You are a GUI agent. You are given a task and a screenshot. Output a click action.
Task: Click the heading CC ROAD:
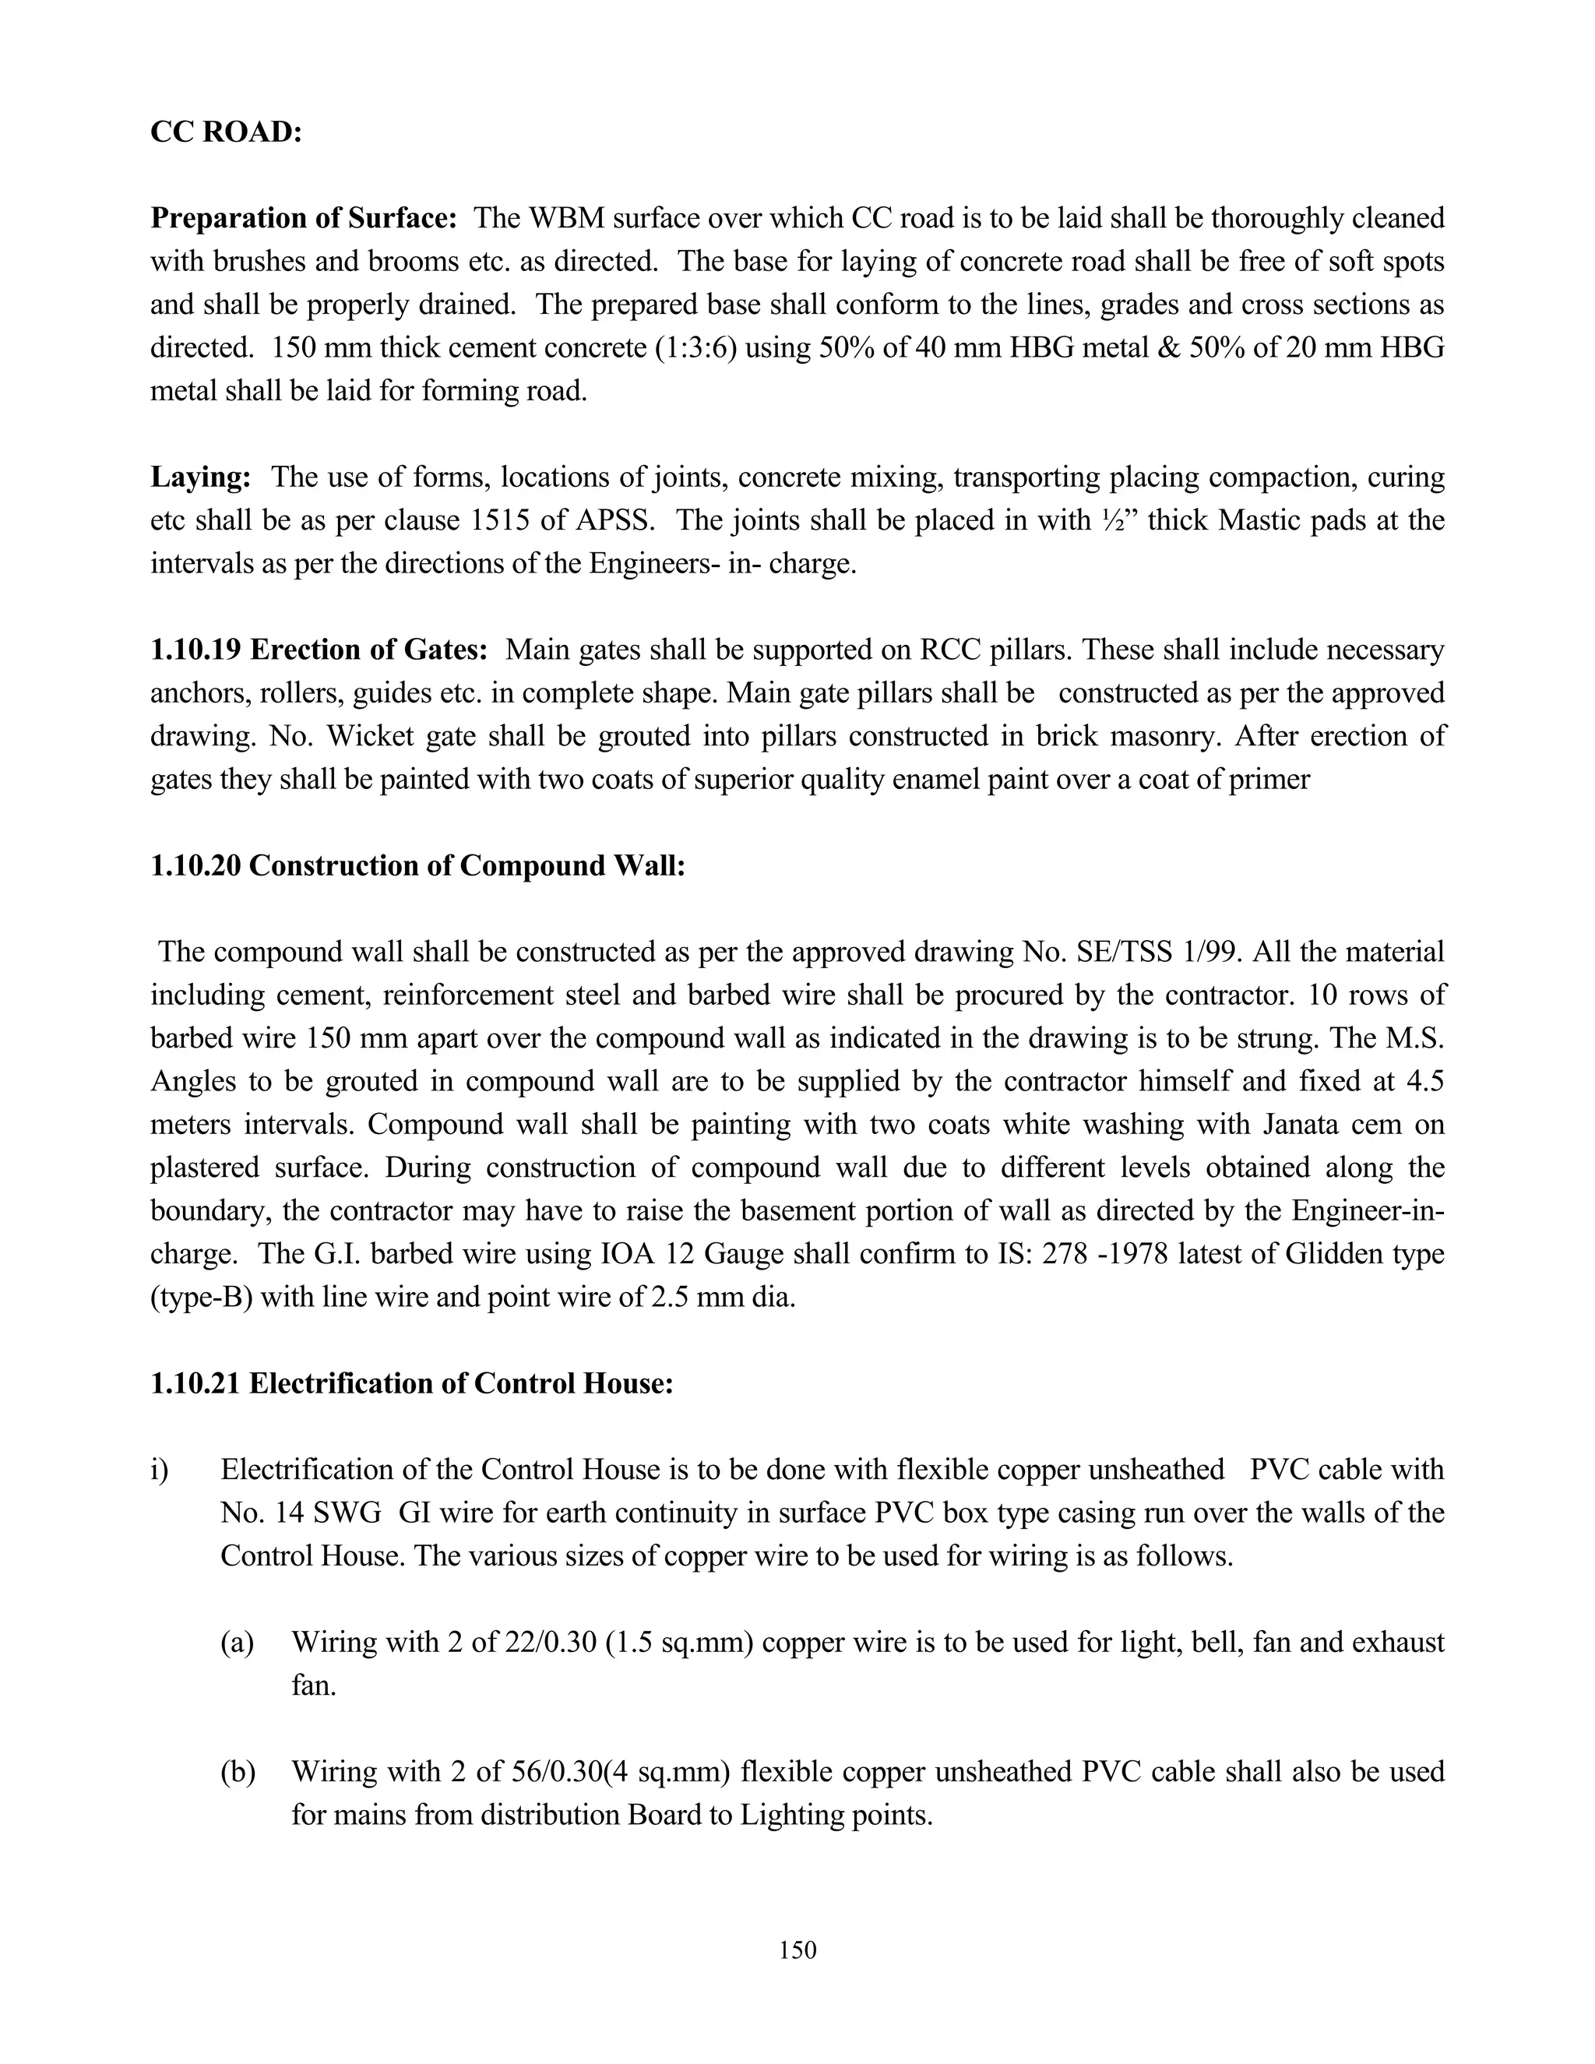point(226,132)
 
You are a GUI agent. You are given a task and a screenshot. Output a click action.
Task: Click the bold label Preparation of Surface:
point(303,218)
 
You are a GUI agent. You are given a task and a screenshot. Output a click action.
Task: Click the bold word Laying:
point(200,477)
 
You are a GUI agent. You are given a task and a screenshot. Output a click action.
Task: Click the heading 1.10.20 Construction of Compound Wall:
point(417,865)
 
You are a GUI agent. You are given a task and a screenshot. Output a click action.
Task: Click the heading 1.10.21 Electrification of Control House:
point(411,1383)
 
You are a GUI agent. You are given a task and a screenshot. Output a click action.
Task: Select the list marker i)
point(159,1470)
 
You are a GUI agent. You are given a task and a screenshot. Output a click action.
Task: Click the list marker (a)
point(238,1643)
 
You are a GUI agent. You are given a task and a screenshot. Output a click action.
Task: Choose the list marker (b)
point(238,1772)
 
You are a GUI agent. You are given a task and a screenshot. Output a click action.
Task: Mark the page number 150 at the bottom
point(797,1950)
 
